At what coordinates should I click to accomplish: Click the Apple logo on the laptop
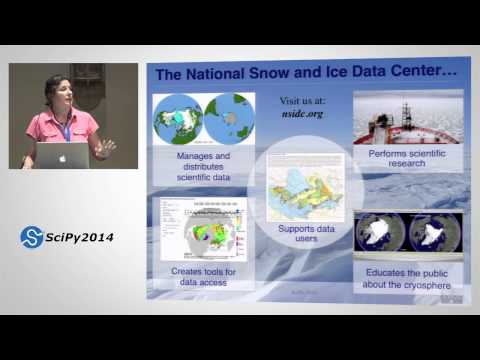pyautogui.click(x=63, y=156)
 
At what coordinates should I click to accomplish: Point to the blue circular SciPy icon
pyautogui.click(x=32, y=237)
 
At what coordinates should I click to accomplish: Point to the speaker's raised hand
pyautogui.click(x=104, y=147)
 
